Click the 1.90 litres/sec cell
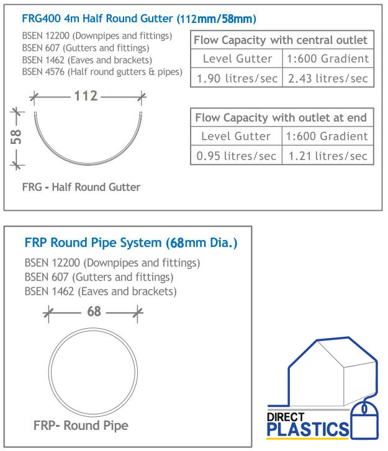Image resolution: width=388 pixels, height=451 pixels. (236, 78)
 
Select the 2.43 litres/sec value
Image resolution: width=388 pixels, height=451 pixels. (327, 78)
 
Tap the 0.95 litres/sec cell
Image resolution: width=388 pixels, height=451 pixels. (236, 156)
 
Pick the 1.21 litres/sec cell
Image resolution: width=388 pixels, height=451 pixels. (327, 156)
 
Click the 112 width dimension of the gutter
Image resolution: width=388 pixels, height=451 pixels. (86, 96)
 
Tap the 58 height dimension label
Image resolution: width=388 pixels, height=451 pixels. (16, 136)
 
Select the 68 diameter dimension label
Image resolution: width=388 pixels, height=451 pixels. (94, 311)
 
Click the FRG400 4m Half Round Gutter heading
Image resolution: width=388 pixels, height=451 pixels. (139, 19)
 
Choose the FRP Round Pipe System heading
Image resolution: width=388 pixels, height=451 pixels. (130, 243)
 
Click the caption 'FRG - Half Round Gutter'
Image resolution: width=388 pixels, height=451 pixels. (81, 187)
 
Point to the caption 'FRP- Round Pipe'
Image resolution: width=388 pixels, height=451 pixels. (81, 426)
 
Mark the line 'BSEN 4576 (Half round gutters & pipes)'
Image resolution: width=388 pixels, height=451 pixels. (102, 72)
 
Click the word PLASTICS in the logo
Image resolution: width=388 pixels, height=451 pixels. (308, 429)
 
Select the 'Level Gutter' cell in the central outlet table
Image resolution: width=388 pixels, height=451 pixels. (237, 59)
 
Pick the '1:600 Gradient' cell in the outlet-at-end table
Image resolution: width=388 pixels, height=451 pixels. (327, 136)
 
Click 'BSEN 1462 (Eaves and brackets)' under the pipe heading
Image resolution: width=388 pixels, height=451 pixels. (101, 291)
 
